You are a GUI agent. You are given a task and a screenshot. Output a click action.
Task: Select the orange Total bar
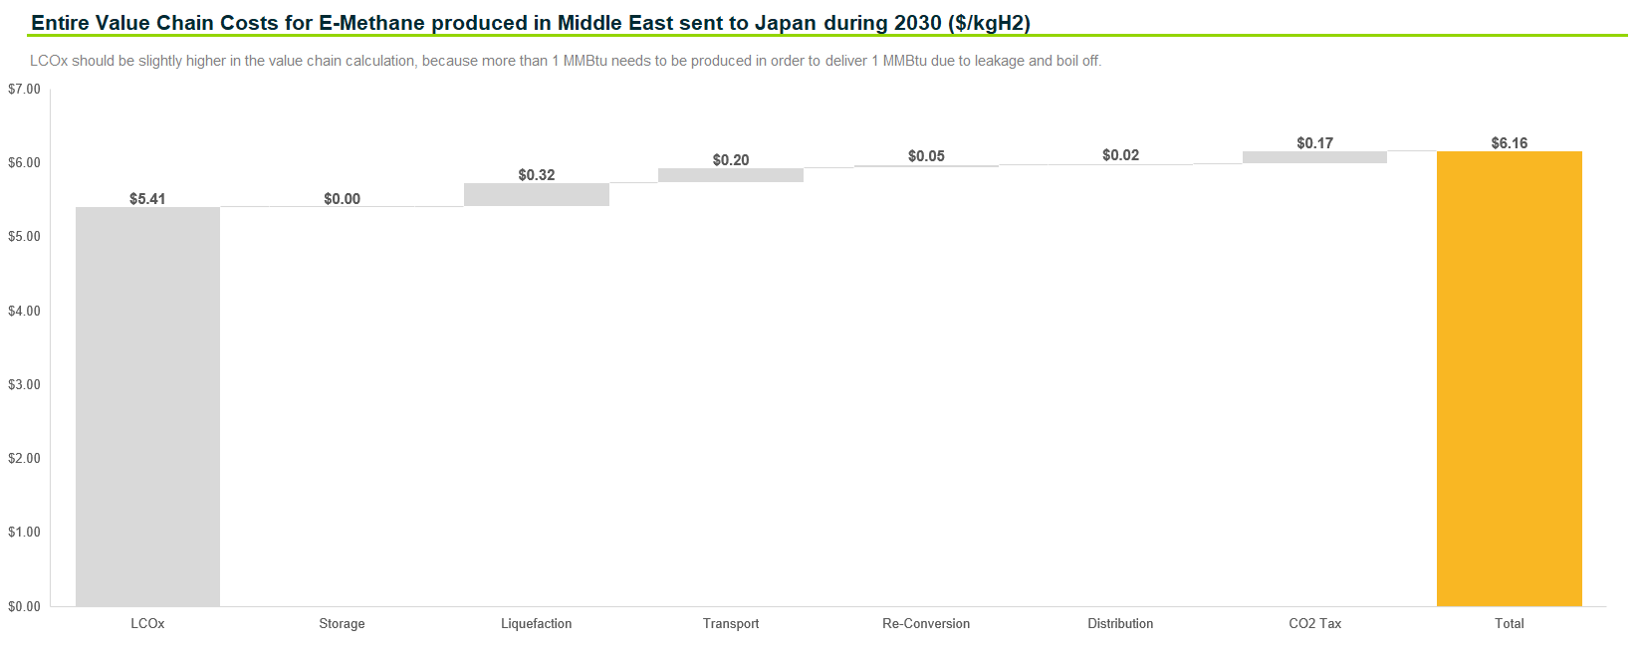click(1509, 378)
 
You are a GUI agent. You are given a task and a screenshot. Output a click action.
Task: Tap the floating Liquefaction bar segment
click(536, 194)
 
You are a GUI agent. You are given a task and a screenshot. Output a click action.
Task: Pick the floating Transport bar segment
click(730, 175)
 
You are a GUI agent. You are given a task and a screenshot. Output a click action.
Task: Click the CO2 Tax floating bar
click(1314, 157)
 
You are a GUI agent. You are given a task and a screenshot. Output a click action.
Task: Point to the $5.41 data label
click(147, 199)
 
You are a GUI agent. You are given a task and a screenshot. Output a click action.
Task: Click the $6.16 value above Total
click(1509, 143)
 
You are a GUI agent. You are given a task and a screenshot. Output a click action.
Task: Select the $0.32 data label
click(536, 175)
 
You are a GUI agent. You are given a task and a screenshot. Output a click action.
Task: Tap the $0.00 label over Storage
click(342, 199)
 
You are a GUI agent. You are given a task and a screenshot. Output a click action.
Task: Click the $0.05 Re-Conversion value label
click(926, 156)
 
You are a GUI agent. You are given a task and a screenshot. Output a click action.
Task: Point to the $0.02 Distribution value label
click(1120, 155)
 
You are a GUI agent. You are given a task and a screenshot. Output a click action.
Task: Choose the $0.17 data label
click(1314, 143)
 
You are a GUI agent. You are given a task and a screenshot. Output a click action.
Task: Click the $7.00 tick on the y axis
click(24, 90)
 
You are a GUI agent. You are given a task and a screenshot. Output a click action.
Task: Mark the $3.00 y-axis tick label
click(24, 384)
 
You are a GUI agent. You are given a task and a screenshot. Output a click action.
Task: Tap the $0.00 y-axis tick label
click(24, 606)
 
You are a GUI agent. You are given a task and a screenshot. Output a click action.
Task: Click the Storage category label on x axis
click(342, 624)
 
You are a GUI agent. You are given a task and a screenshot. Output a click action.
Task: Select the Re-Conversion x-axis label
click(926, 624)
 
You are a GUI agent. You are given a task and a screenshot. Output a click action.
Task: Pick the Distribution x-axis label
click(1120, 624)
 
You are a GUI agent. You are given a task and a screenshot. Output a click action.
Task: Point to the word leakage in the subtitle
click(999, 61)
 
